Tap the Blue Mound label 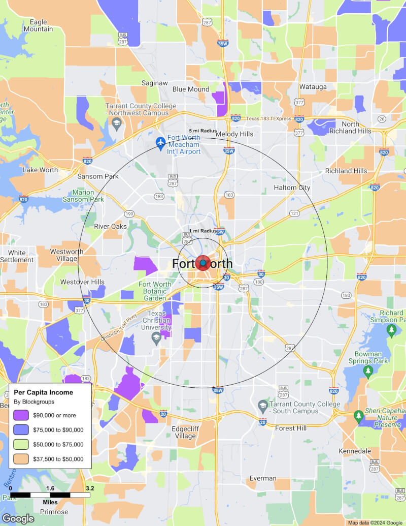(x=190, y=89)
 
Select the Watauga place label (x=313, y=87)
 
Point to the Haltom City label (x=292, y=188)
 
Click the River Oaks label (x=110, y=226)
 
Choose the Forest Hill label (x=291, y=428)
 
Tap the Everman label (x=263, y=478)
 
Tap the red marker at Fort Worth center (x=203, y=263)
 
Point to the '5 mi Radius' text (x=202, y=131)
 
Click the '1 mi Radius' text (x=203, y=231)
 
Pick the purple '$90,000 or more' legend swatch (x=22, y=415)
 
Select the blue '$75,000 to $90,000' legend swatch (x=22, y=430)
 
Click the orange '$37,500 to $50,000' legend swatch (x=22, y=459)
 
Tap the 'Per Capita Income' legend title (x=43, y=392)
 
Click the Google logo (x=18, y=518)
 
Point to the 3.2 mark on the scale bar (x=90, y=488)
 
